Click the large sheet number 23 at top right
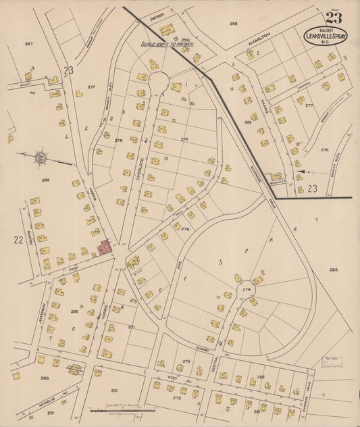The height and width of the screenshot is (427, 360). point(332,18)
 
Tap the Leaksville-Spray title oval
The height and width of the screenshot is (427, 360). point(326,37)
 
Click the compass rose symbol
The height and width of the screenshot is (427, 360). point(41,158)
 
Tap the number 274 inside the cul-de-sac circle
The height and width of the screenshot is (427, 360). point(247,289)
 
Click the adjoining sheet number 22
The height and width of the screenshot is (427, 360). point(17,238)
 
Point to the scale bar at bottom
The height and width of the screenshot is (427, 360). point(122,410)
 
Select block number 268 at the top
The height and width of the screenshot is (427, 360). point(233,24)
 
